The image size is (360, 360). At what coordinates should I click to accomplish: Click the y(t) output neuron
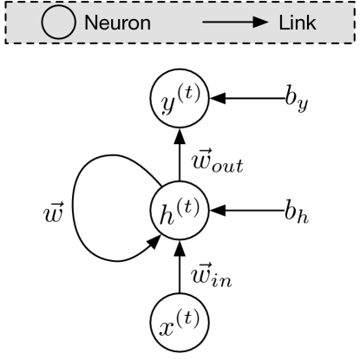[x=180, y=102]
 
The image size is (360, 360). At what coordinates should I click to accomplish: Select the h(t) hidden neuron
[x=180, y=211]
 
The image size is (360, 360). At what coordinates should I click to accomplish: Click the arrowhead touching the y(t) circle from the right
[x=213, y=102]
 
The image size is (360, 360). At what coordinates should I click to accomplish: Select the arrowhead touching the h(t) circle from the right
[x=213, y=211]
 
